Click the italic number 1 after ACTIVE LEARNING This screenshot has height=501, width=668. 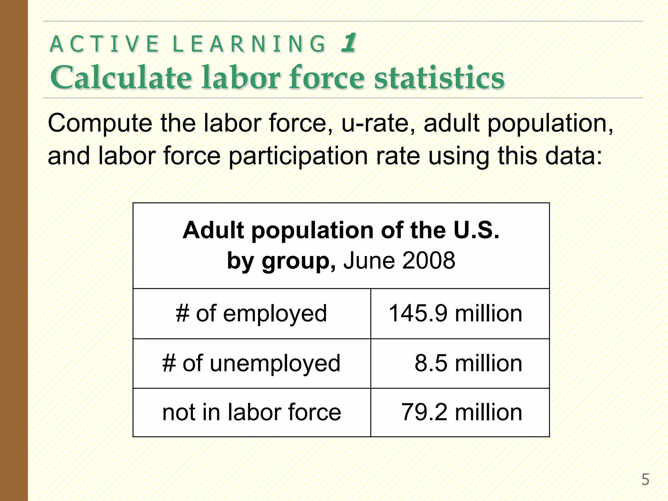click(x=348, y=43)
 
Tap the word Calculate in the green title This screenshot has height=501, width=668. click(x=120, y=78)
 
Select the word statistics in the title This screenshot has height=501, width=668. click(x=439, y=78)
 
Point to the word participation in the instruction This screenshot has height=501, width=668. click(x=298, y=156)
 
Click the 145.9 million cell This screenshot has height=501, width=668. click(x=455, y=313)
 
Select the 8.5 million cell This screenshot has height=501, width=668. click(x=468, y=363)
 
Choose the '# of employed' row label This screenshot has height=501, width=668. click(x=251, y=313)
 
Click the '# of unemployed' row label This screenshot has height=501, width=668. click(x=251, y=363)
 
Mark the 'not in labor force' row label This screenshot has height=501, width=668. click(x=251, y=412)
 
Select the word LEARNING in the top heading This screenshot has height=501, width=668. click(x=249, y=44)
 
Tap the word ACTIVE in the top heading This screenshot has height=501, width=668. click(x=104, y=44)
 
